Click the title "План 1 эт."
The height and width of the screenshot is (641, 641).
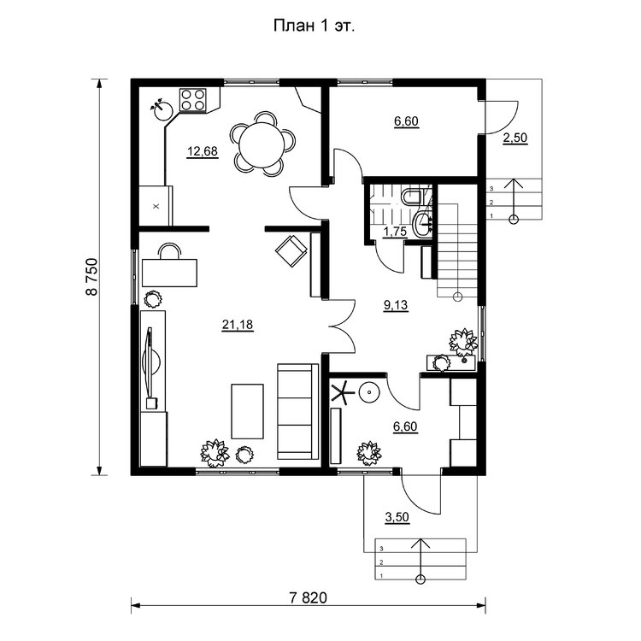click(314, 26)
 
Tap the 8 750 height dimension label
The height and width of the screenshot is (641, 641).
click(92, 276)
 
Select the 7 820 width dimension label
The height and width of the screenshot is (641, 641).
click(309, 598)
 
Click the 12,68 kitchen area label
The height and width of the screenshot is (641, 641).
click(203, 151)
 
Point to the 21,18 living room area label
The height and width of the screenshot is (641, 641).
click(238, 325)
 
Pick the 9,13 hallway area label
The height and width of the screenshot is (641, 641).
click(396, 305)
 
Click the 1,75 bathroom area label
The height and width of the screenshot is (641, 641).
click(395, 232)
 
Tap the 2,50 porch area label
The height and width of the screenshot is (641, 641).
click(515, 138)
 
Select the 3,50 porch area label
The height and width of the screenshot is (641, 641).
click(397, 517)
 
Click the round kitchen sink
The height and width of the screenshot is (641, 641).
click(162, 109)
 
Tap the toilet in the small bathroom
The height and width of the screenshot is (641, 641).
click(411, 197)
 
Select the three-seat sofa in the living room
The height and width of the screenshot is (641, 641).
click(298, 411)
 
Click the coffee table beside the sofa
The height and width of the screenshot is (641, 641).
click(247, 411)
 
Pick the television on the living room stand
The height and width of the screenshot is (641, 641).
click(151, 362)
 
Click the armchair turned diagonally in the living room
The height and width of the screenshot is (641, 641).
click(291, 251)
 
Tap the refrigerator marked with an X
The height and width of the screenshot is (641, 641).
click(156, 206)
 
